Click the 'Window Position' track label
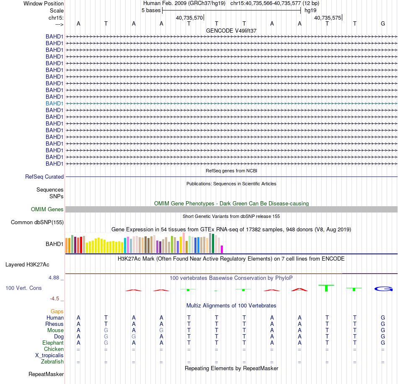coord(44,3)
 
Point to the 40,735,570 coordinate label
coord(189,18)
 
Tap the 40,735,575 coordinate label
coord(328,18)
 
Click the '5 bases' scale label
coord(151,10)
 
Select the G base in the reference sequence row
coord(383,23)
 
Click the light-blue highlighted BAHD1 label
coord(54,103)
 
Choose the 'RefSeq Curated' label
coord(44,177)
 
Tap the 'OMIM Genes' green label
coord(47,210)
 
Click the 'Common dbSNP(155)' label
coord(37,222)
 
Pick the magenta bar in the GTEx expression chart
coord(222,249)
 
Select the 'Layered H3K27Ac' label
coord(27,265)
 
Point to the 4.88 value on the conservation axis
coord(54,278)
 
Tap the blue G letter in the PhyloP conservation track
coord(383,289)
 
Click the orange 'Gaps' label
coord(57,312)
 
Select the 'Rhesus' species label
coord(54,324)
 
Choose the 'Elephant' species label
coord(53,343)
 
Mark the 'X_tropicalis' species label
coord(49,356)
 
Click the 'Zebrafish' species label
coord(52,362)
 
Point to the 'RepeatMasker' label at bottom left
coord(46,374)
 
